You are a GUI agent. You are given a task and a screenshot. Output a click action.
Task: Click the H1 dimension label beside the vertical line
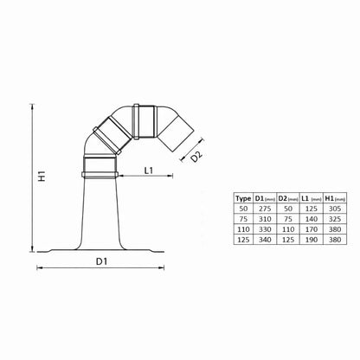(42, 176)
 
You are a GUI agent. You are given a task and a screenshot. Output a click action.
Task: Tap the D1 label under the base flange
(101, 261)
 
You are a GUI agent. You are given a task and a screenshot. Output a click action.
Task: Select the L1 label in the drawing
(149, 170)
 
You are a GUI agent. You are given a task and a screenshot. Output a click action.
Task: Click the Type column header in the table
(243, 198)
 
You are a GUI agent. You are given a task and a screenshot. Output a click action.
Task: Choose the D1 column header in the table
(265, 198)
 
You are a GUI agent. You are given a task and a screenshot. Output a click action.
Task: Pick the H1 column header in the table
(335, 198)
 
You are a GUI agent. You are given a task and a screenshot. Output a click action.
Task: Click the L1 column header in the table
(312, 198)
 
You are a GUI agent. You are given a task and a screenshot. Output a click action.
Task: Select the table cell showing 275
(265, 209)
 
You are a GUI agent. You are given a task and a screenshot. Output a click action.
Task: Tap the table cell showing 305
(335, 209)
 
